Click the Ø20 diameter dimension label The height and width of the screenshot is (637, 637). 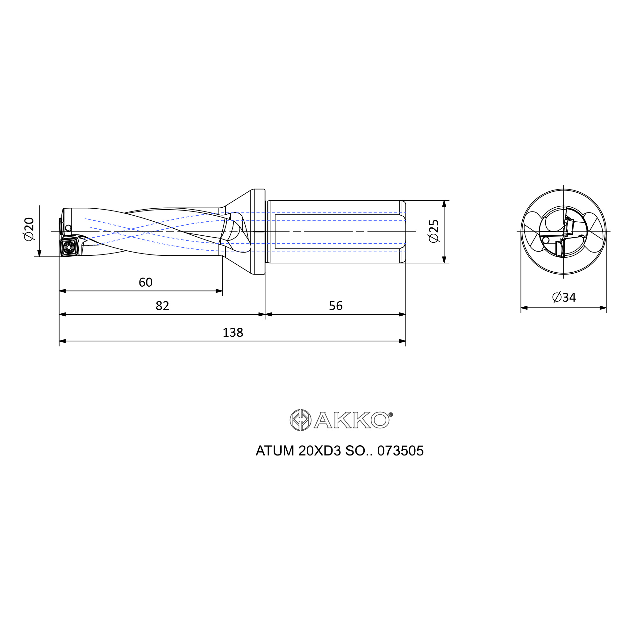[x=29, y=229]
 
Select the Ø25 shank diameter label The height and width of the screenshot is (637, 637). [x=434, y=231]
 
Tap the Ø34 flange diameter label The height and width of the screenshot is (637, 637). [x=564, y=297]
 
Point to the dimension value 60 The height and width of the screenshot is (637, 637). [x=146, y=282]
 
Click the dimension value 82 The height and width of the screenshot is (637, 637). [x=162, y=306]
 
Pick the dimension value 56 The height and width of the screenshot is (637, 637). [x=336, y=306]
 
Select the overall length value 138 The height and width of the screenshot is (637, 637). [x=233, y=332]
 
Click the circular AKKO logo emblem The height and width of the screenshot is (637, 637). [x=300, y=420]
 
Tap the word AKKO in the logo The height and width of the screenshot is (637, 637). [x=352, y=420]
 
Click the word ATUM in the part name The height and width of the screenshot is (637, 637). [x=275, y=451]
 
